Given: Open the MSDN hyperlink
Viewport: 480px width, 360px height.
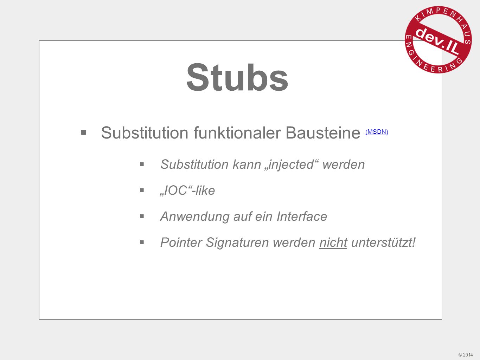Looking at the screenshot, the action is [x=377, y=132].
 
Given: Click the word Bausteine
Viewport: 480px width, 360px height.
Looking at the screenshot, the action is [x=323, y=133].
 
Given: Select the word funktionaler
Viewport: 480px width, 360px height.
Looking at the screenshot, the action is [x=237, y=133].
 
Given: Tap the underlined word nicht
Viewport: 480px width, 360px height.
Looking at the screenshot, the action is [x=333, y=243].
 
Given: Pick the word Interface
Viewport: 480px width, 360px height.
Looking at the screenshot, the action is [x=302, y=217].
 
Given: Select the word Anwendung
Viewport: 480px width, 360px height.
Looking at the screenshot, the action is [x=195, y=217].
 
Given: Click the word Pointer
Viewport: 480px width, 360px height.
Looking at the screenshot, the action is [x=181, y=243].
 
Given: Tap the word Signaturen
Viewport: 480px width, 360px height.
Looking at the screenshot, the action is [x=237, y=243].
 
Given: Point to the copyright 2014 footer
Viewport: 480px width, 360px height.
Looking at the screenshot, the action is [x=466, y=354].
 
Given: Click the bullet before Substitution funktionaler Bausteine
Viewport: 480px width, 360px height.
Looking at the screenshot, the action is [x=84, y=132].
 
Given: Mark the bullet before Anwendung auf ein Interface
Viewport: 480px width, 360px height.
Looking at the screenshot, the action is [x=142, y=216].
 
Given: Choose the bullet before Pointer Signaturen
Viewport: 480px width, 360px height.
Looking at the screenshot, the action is [x=142, y=242].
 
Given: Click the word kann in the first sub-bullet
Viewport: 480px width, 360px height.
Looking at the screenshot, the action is [x=247, y=165].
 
